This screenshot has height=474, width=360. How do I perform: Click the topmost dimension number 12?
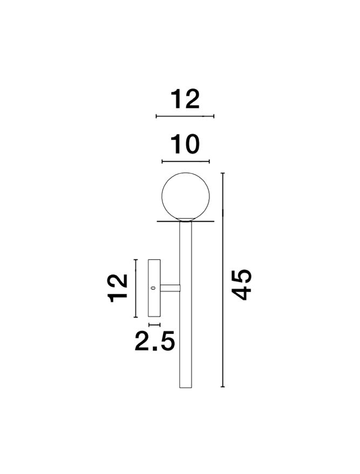pyautogui.click(x=185, y=99)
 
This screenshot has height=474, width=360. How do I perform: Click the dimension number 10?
pyautogui.click(x=185, y=145)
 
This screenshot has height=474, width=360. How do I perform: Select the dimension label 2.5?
pyautogui.click(x=154, y=341)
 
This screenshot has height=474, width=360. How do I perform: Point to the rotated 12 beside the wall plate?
pyautogui.click(x=118, y=288)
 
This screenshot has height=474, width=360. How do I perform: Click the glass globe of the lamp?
pyautogui.click(x=186, y=196)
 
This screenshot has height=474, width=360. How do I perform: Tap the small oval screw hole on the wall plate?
pyautogui.click(x=153, y=288)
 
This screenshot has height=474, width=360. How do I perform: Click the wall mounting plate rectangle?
pyautogui.click(x=154, y=288)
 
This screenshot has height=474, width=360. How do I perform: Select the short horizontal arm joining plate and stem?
pyautogui.click(x=171, y=288)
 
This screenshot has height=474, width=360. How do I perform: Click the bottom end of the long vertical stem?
pyautogui.click(x=186, y=387)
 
